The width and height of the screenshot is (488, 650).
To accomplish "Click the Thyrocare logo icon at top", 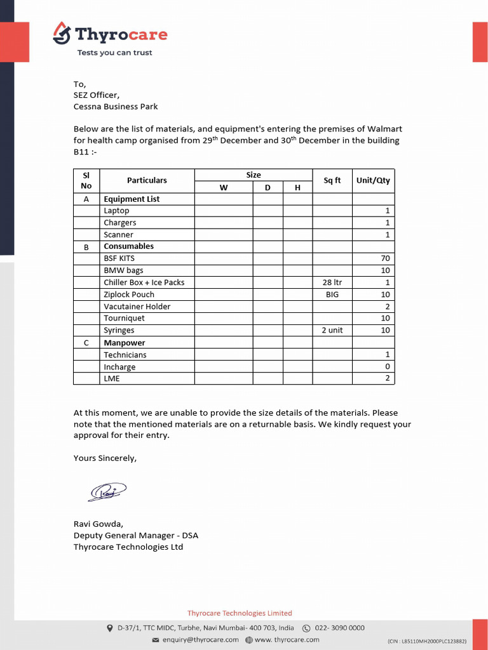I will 62,33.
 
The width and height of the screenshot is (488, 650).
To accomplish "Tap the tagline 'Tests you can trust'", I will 114,53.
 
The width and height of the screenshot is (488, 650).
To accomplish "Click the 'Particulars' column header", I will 147,180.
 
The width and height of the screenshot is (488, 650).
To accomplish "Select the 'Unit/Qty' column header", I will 373,180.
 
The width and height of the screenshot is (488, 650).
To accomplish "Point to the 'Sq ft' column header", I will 332,180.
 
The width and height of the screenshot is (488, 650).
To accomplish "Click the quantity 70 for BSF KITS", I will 385,258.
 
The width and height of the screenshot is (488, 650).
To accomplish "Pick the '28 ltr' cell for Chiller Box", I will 332,282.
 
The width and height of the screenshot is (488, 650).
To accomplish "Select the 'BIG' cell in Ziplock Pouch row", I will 332,295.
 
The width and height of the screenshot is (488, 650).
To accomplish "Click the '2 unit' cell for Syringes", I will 332,331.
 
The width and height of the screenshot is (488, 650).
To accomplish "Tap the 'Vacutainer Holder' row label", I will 137,307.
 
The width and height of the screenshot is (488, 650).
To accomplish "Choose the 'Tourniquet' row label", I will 124,319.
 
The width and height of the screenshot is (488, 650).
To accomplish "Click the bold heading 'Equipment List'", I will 132,199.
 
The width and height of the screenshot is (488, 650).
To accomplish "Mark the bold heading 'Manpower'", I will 125,343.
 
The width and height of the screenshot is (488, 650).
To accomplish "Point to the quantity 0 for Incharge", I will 387,367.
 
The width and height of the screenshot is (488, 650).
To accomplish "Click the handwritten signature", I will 107,491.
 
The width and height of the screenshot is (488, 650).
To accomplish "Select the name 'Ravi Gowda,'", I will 98,524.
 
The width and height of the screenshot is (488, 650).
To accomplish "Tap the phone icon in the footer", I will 306,628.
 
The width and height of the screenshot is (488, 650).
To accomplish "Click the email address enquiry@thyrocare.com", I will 200,640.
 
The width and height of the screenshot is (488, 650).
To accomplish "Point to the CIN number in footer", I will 426,641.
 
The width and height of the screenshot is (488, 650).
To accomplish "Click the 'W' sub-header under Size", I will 223,187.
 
